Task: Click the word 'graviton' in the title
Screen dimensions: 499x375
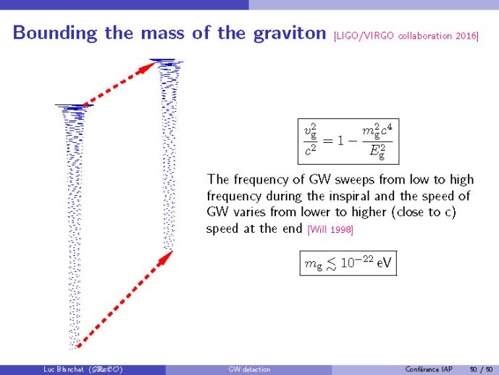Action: pos(290,33)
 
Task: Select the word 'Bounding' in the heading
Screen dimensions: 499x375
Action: pos(55,33)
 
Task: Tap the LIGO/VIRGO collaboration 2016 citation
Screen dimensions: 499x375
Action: pos(406,36)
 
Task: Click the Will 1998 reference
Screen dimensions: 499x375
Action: pos(330,229)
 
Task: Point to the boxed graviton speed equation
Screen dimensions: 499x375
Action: pos(348,141)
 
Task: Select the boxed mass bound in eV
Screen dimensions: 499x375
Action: pos(348,263)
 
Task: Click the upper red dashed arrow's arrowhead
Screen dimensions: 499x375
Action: pos(148,67)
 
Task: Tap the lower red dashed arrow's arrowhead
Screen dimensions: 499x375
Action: pos(165,257)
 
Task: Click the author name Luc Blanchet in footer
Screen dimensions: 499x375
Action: pos(64,369)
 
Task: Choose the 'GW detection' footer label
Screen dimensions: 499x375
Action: pos(249,369)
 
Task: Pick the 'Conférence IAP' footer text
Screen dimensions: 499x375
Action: pos(429,369)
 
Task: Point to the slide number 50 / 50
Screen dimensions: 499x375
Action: pos(481,369)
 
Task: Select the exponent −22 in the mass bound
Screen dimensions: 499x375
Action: pos(363,259)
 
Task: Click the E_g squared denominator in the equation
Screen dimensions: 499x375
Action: pos(377,151)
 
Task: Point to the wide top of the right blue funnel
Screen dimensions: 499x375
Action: pos(166,61)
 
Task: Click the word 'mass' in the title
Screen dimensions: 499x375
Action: pos(163,33)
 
